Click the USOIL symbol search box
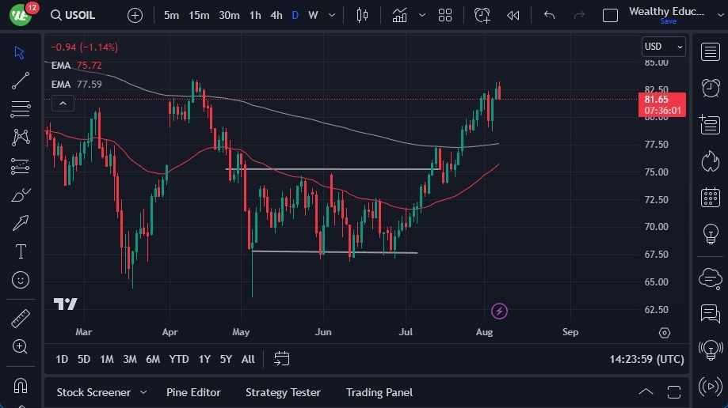(x=80, y=15)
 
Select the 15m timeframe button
(x=199, y=15)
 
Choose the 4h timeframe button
(x=276, y=15)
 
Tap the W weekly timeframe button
(x=313, y=15)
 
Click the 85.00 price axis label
(x=655, y=62)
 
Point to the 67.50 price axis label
(x=655, y=255)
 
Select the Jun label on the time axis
(x=323, y=333)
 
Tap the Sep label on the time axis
(x=570, y=333)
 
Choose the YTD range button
(x=179, y=359)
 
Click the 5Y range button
(x=226, y=359)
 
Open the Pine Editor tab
(x=193, y=392)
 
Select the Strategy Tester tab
(x=283, y=392)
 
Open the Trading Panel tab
(x=379, y=392)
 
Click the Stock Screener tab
(x=93, y=392)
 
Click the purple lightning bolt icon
(x=499, y=311)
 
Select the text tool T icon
(x=21, y=251)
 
